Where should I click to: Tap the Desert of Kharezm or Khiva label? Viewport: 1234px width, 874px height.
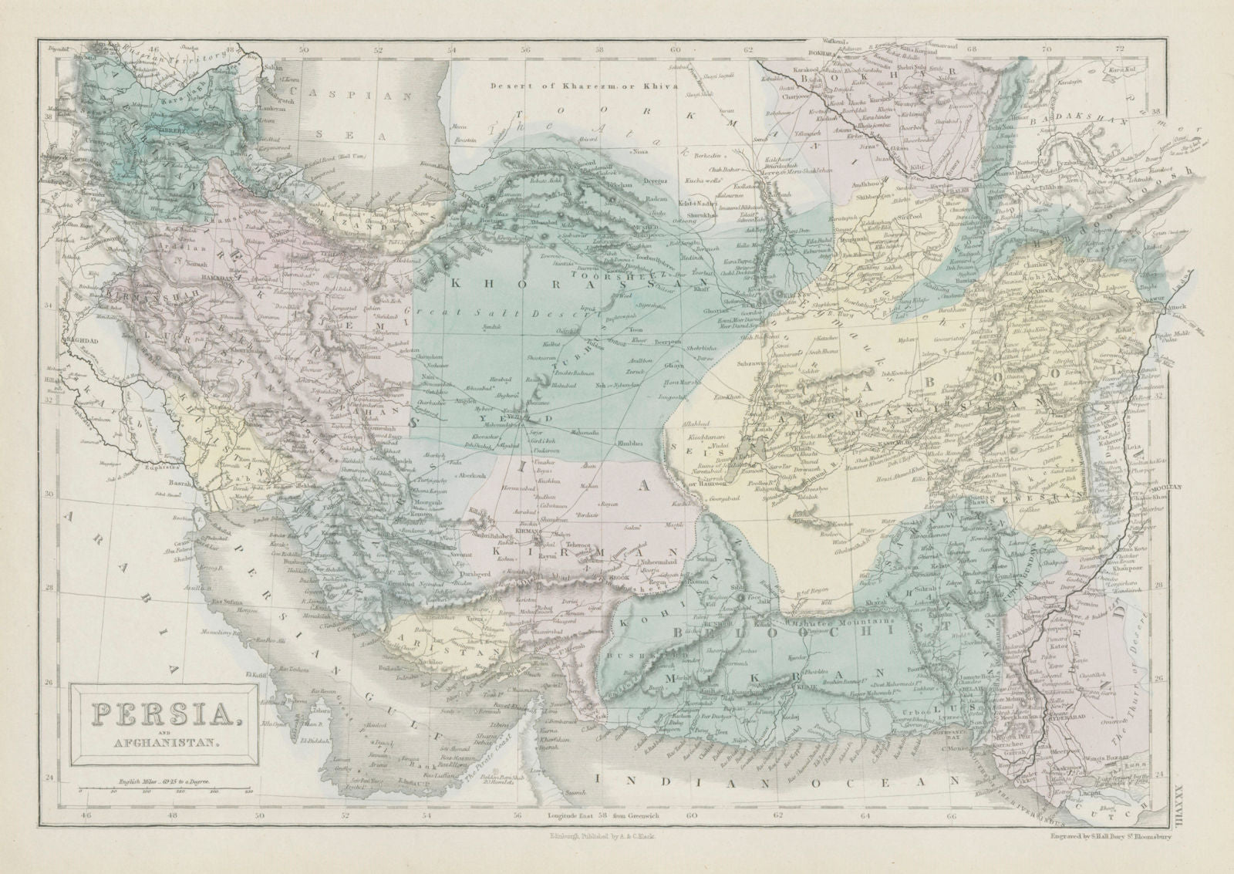tap(585, 86)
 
